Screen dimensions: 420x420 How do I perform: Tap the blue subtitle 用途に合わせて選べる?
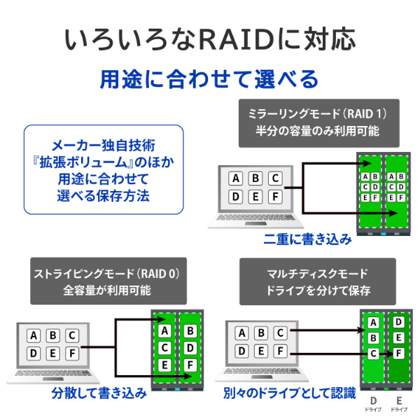pyautogui.click(x=210, y=78)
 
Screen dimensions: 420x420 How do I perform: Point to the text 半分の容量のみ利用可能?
pyautogui.click(x=313, y=131)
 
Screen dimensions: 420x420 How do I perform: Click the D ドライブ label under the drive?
pyautogui.click(x=373, y=403)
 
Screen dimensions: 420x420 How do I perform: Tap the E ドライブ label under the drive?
pyautogui.click(x=398, y=403)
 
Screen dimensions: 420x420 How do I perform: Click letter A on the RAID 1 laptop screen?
pyautogui.click(x=236, y=178)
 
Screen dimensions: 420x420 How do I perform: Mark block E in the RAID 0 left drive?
pyautogui.click(x=164, y=365)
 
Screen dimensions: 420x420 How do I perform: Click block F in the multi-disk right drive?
pyautogui.click(x=398, y=353)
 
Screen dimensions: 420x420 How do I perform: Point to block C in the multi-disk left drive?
pyautogui.click(x=373, y=353)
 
